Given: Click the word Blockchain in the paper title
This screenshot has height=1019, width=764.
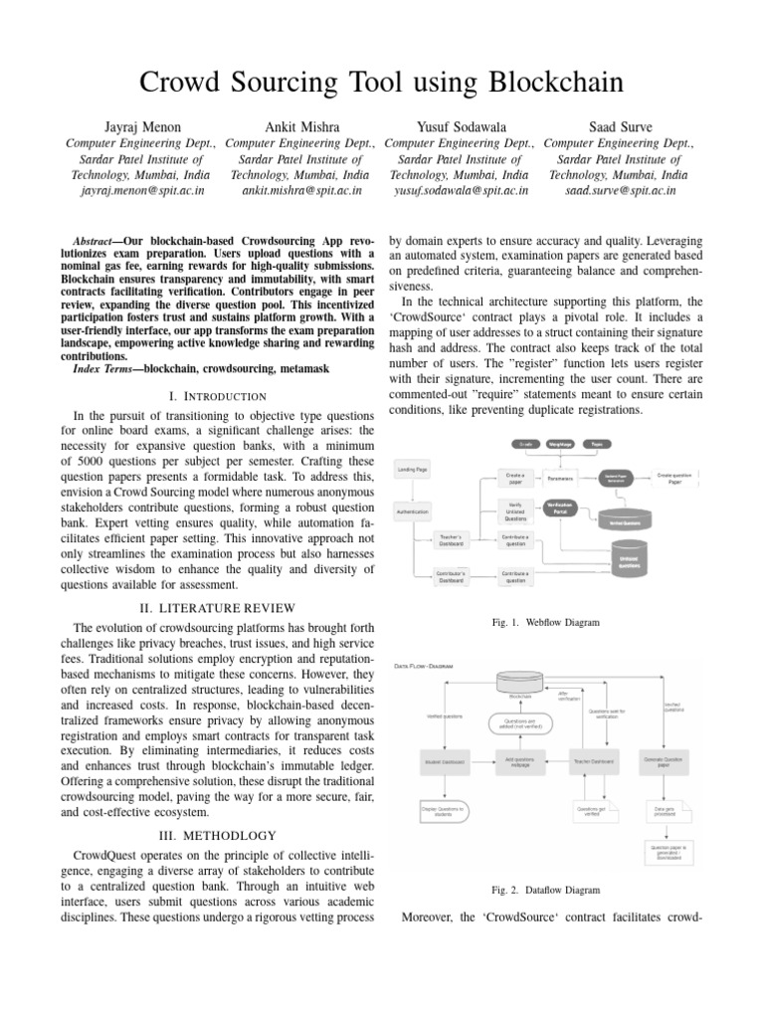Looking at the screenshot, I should coord(533,81).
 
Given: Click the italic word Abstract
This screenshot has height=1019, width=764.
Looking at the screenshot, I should coord(99,242).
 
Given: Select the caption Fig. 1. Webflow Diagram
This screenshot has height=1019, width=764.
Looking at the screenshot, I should coord(546,622).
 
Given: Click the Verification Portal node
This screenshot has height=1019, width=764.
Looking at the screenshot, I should coord(563,509).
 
